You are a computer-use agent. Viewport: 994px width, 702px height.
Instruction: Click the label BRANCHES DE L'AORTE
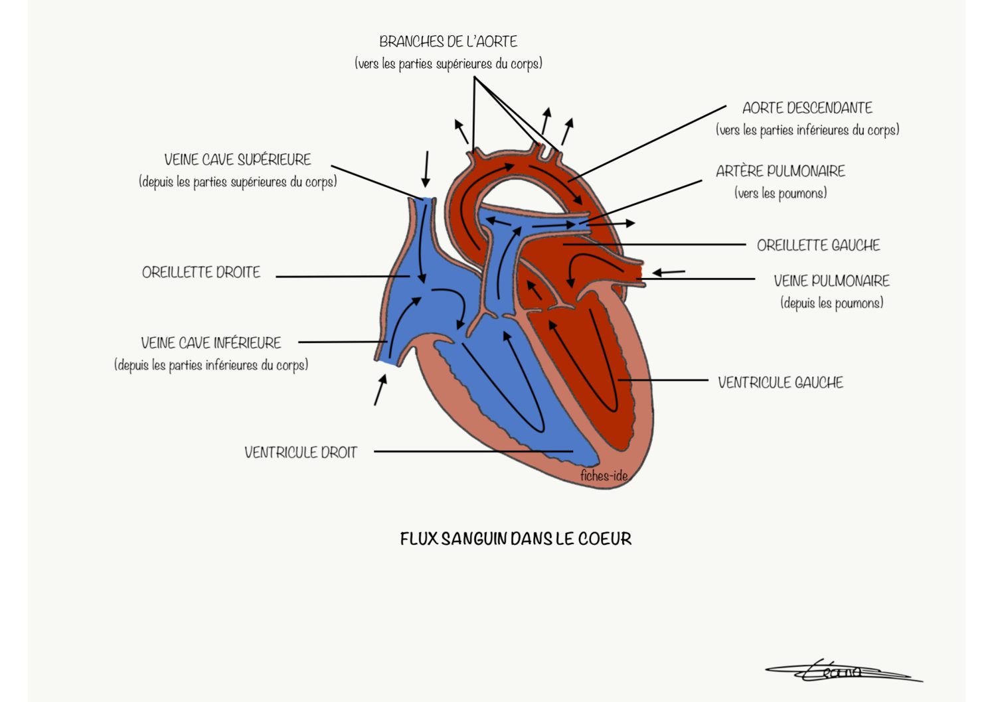(448, 42)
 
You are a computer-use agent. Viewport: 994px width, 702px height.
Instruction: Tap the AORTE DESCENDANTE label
(807, 107)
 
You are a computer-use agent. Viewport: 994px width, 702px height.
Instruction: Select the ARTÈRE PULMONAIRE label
(781, 171)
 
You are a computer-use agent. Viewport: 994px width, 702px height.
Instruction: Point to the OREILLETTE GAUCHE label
(818, 246)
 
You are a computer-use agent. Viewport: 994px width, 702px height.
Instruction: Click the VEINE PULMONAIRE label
(831, 281)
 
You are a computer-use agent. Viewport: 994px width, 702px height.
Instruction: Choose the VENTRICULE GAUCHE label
(781, 382)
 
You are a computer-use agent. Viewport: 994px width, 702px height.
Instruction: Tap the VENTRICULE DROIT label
(301, 453)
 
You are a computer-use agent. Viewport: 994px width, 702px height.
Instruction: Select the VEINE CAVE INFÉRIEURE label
(211, 343)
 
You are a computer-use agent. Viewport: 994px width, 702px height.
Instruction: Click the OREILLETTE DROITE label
(201, 272)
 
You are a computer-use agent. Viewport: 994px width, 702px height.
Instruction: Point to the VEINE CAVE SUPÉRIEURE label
(238, 160)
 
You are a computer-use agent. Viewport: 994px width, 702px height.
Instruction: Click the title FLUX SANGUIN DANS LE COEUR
(516, 539)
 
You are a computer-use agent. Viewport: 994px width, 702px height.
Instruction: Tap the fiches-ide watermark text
(604, 476)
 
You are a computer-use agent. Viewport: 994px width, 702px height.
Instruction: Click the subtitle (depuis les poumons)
(832, 303)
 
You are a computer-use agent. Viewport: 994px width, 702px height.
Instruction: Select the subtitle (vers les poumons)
(781, 193)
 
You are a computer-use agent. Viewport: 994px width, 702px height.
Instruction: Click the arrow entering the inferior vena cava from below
(380, 389)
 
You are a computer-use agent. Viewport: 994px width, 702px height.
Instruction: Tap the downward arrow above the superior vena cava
(426, 169)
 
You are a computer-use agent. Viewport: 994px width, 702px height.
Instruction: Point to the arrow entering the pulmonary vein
(669, 272)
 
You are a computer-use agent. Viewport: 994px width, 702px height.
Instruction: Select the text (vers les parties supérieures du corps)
(448, 64)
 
